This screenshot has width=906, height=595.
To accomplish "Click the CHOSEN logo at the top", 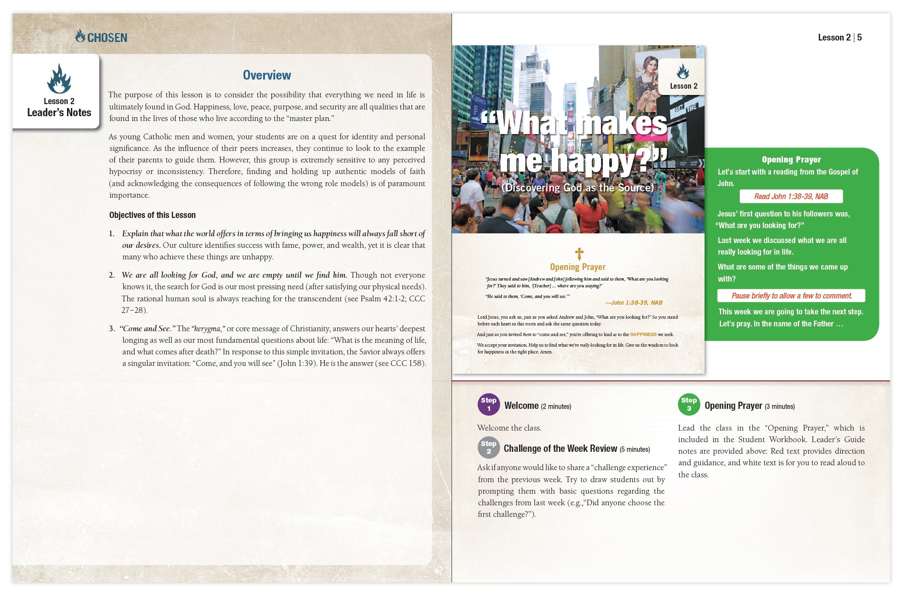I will (101, 37).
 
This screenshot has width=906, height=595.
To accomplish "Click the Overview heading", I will (266, 75).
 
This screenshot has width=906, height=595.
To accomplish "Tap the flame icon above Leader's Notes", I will (59, 79).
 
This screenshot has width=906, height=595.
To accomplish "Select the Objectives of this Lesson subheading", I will (152, 215).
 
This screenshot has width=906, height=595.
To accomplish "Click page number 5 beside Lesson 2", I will (859, 37).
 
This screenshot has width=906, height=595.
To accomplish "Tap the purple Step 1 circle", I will (488, 405).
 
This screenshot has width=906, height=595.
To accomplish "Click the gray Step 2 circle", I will (488, 447).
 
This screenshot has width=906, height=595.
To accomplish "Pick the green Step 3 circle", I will (689, 405).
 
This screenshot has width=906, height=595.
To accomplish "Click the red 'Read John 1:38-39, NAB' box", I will (791, 196).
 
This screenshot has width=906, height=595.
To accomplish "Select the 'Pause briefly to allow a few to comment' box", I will (791, 296).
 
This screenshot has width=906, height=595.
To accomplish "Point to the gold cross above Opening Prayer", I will (579, 253).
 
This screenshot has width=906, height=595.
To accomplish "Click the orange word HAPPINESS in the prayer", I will (643, 334).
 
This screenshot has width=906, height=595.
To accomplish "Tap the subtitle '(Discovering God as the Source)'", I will (577, 188).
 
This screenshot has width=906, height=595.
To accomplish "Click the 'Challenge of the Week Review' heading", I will (560, 448).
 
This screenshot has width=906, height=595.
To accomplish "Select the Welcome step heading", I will (521, 406).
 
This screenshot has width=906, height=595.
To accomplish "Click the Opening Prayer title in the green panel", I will (791, 160).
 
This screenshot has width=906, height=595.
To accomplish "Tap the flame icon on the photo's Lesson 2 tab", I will (682, 72).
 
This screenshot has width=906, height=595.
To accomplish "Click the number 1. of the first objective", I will (112, 234).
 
